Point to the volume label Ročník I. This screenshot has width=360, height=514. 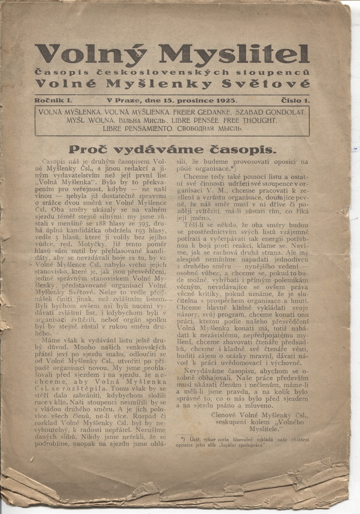coord(53,100)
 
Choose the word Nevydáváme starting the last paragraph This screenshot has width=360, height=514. coord(204,371)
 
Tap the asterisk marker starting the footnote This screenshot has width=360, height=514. coord(182,439)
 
